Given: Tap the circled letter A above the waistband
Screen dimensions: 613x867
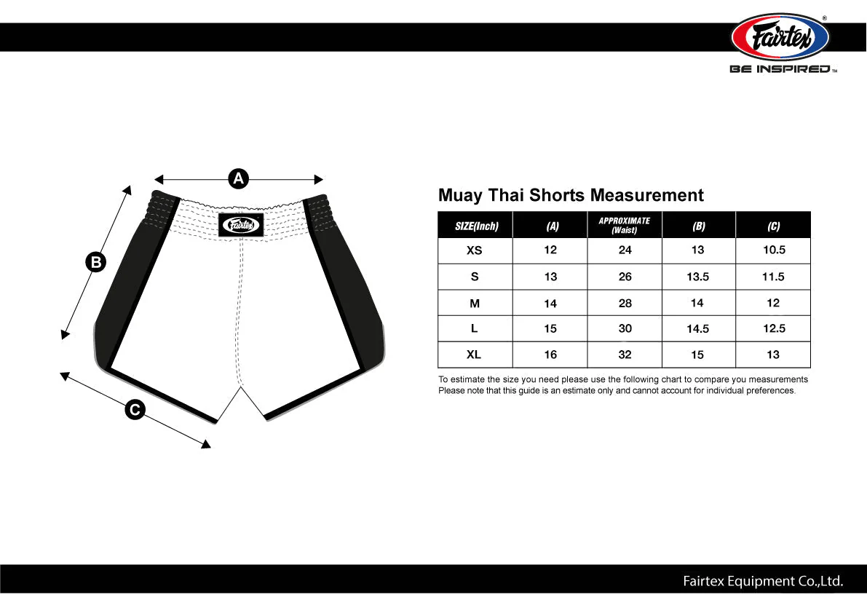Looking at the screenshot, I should [x=239, y=178].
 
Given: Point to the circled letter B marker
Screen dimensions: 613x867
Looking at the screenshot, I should [x=95, y=262].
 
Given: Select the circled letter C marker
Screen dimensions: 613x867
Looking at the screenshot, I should [x=134, y=411].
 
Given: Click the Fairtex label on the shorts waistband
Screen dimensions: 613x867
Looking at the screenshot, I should [x=240, y=225].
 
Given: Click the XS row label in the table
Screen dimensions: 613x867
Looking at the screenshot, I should [x=474, y=250].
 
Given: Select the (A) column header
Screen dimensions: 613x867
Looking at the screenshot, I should [x=553, y=226].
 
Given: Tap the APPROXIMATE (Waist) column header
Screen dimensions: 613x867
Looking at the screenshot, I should [x=625, y=225].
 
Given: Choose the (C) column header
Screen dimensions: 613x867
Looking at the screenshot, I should [x=773, y=226].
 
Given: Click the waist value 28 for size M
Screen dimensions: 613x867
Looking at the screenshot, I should [x=625, y=303].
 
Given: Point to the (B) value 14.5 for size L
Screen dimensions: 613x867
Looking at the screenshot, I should [x=697, y=329].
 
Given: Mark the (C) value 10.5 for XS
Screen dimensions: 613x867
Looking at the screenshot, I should [x=773, y=250].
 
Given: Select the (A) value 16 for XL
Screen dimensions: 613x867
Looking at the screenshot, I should [x=550, y=355].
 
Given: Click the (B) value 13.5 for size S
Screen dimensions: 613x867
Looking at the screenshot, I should [x=697, y=277].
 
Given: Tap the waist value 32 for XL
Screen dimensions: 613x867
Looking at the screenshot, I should [x=625, y=355].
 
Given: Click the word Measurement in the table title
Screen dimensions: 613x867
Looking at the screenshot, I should [x=646, y=195].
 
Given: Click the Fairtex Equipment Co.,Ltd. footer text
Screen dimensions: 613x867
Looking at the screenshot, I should [x=762, y=581].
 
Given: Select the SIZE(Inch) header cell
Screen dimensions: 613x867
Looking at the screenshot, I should [x=476, y=226].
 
